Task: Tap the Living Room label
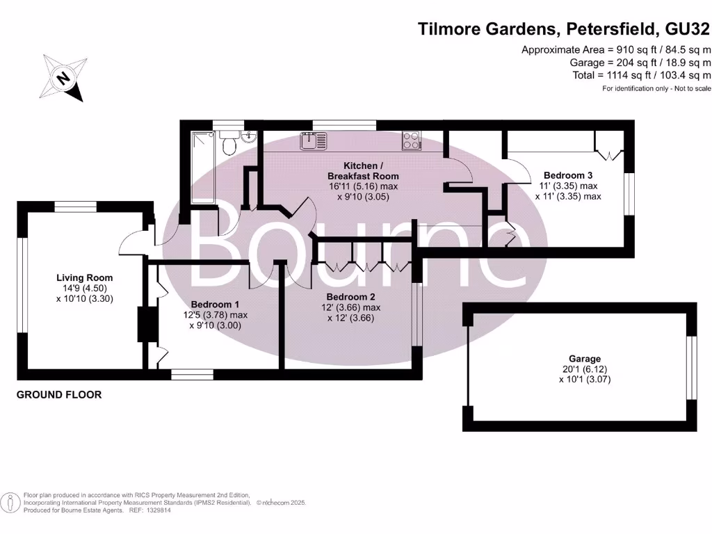tap(84, 278)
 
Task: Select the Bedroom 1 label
tap(215, 305)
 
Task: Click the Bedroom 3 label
tap(568, 175)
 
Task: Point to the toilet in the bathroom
tap(228, 144)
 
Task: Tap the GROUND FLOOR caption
tap(59, 395)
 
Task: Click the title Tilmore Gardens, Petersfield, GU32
tap(563, 29)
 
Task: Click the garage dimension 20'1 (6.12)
tap(584, 369)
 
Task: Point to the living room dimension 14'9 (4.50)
tap(84, 289)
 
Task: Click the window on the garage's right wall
tap(691, 369)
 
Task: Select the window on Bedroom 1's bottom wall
tap(192, 375)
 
